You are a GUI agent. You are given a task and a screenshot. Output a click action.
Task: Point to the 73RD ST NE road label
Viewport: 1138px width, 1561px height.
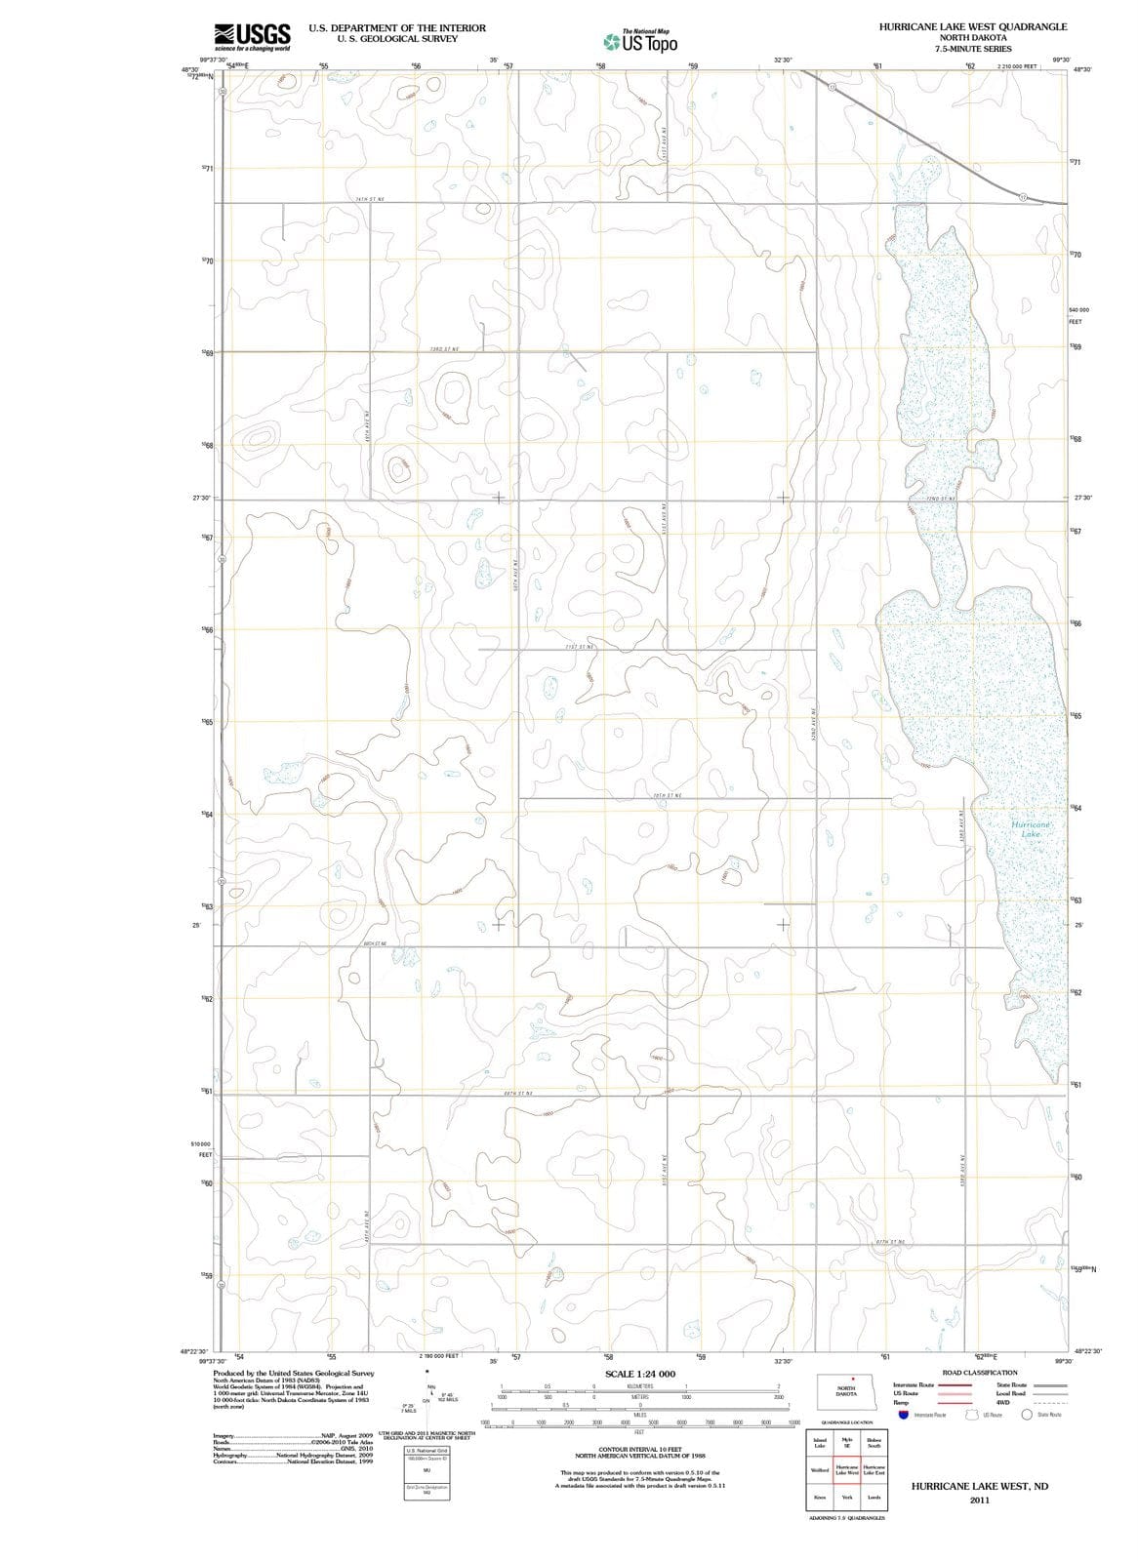(x=444, y=348)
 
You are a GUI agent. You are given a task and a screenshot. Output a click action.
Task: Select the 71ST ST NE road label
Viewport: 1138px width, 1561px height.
(x=580, y=646)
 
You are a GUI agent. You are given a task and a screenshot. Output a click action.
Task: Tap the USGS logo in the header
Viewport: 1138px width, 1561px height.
(x=252, y=36)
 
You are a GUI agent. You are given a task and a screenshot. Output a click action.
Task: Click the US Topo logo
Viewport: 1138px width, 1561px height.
(x=640, y=42)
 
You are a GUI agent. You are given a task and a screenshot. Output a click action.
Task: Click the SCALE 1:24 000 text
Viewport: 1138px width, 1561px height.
(x=639, y=1374)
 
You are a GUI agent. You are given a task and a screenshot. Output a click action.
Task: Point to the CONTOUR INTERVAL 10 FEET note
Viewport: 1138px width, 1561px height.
(x=639, y=1451)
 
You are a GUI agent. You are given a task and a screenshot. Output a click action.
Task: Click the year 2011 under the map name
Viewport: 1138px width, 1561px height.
(x=980, y=1500)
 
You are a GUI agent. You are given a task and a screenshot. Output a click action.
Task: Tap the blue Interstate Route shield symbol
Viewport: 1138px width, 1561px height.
(x=904, y=1415)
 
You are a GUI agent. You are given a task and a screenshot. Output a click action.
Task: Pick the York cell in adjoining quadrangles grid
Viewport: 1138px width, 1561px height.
(x=847, y=1497)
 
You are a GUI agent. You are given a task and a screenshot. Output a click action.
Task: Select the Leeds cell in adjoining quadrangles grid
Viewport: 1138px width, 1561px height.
(x=874, y=1497)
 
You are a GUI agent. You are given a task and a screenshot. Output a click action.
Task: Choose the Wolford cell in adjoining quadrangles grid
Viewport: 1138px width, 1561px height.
(x=820, y=1469)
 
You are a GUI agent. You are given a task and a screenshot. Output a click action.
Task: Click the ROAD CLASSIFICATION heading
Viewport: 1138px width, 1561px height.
(x=980, y=1373)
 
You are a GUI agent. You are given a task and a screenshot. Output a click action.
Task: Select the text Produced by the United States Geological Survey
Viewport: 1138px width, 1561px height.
(x=293, y=1373)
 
